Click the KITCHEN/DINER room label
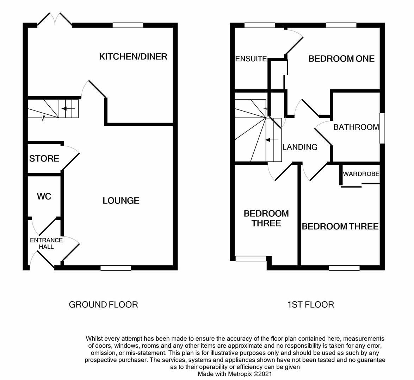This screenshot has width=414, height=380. [x=133, y=57]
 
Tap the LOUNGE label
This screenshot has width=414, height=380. [x=121, y=201]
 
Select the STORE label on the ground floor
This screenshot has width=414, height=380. [x=44, y=159]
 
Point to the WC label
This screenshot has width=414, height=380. [x=44, y=196]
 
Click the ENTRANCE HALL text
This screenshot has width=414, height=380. [x=46, y=243]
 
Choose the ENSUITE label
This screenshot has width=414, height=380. [x=251, y=59]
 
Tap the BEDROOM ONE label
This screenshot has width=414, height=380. [x=341, y=59]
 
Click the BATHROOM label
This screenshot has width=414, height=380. [x=356, y=127]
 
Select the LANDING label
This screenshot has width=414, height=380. [x=300, y=147]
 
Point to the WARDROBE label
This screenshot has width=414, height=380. [x=361, y=174]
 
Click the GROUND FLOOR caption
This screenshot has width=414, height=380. [x=103, y=304]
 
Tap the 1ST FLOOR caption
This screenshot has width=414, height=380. [x=310, y=304]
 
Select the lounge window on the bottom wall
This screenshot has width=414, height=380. [x=116, y=268]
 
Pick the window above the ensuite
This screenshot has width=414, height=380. [x=259, y=25]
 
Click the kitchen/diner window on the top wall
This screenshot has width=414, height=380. [x=128, y=25]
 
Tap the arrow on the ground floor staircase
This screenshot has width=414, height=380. [x=66, y=109]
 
